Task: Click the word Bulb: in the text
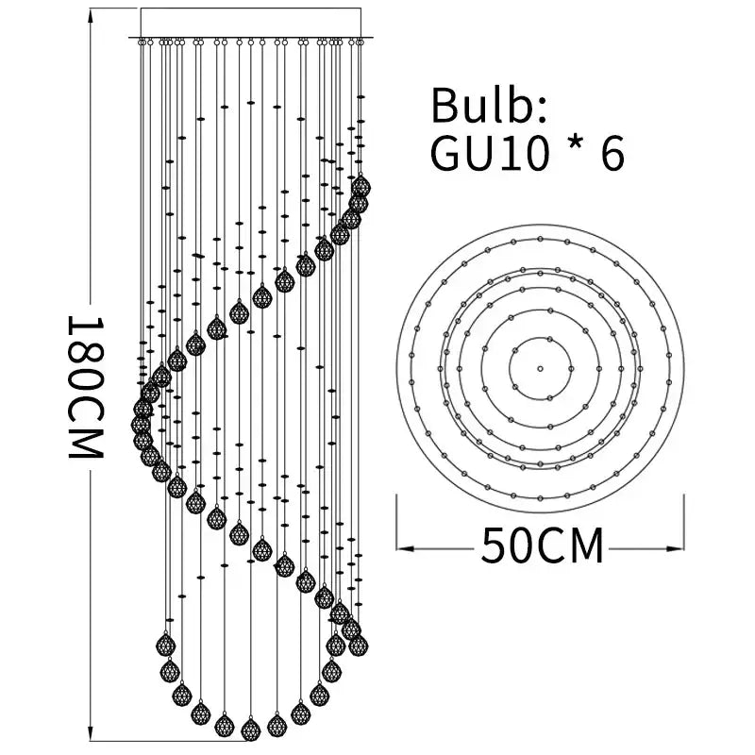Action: click(489, 105)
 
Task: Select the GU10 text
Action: click(490, 154)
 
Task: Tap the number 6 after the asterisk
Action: click(612, 154)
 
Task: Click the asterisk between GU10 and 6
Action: click(575, 146)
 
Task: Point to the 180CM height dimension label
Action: click(85, 387)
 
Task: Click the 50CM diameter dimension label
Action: click(542, 545)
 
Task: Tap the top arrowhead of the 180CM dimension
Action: click(90, 16)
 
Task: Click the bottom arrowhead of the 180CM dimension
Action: click(90, 733)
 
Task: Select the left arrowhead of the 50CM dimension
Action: click(405, 548)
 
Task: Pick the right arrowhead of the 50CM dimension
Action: click(676, 548)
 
